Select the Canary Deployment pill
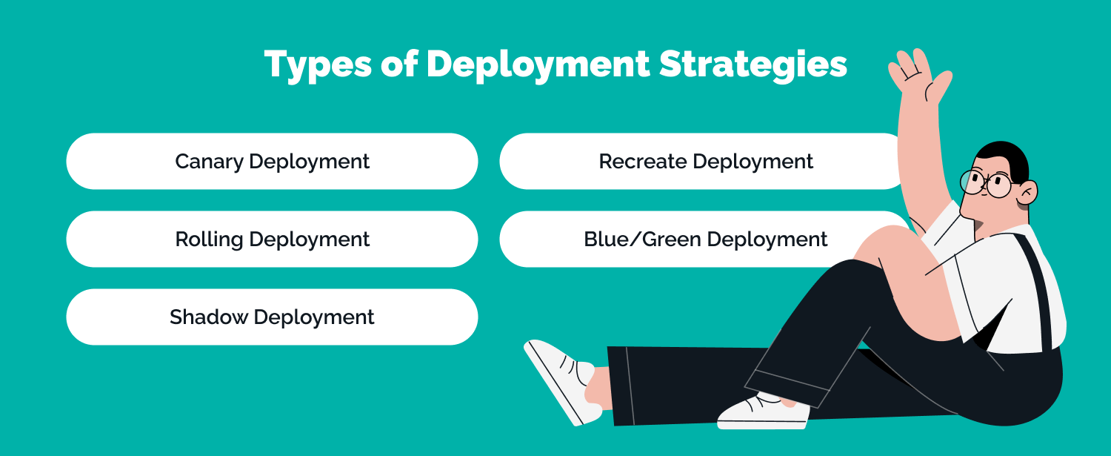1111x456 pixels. (x=272, y=162)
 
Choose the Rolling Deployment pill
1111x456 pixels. (x=272, y=239)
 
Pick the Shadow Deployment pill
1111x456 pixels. (x=272, y=317)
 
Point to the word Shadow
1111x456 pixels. (x=208, y=317)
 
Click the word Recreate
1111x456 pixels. (x=638, y=162)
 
